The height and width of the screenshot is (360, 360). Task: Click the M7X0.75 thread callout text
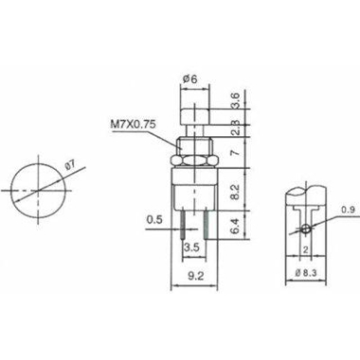(133, 124)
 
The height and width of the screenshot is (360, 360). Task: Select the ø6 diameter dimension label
(189, 79)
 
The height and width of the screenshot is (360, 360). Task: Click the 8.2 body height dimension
(236, 191)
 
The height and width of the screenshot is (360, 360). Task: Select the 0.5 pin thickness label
(154, 219)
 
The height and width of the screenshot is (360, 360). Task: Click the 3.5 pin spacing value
(192, 247)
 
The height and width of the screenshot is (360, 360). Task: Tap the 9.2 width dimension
(196, 276)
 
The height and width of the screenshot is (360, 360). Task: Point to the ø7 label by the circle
(69, 165)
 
